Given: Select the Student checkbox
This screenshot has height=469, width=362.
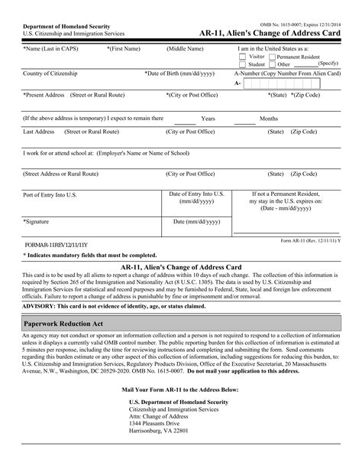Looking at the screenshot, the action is [x=242, y=65].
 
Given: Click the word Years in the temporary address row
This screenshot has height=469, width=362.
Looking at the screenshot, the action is [x=208, y=119].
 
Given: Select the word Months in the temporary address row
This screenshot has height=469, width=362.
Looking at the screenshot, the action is [x=269, y=119].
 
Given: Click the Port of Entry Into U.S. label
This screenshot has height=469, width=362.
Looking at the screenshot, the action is [x=50, y=194].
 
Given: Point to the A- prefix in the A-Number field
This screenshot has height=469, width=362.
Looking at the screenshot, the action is [x=238, y=83].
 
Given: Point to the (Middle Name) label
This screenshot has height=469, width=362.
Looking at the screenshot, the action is [x=185, y=49].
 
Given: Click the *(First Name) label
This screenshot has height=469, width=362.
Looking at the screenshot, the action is [x=123, y=49].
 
